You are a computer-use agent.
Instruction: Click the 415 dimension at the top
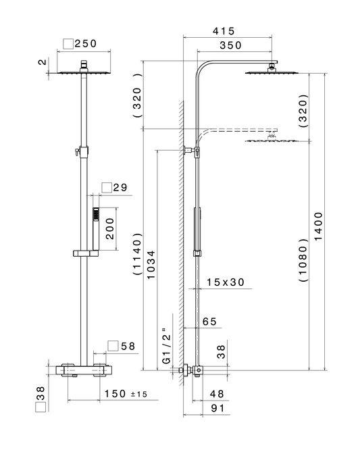pos(224,31)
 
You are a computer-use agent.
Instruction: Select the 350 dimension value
pos(230,45)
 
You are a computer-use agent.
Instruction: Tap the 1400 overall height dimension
pos(318,226)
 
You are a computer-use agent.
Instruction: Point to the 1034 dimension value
pos(151,265)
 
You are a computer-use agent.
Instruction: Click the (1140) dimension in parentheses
pos(137,254)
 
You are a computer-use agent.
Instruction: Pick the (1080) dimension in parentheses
pos(303,259)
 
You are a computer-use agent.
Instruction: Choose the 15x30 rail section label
pos(226,282)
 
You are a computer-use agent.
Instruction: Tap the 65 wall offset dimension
pos(209,322)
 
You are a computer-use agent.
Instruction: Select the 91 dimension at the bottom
pos(217,408)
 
